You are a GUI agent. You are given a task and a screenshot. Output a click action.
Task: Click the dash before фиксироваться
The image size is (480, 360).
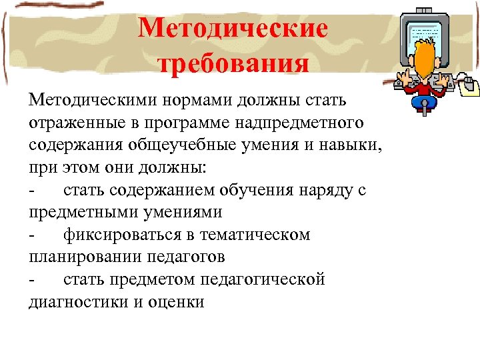[32, 235]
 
